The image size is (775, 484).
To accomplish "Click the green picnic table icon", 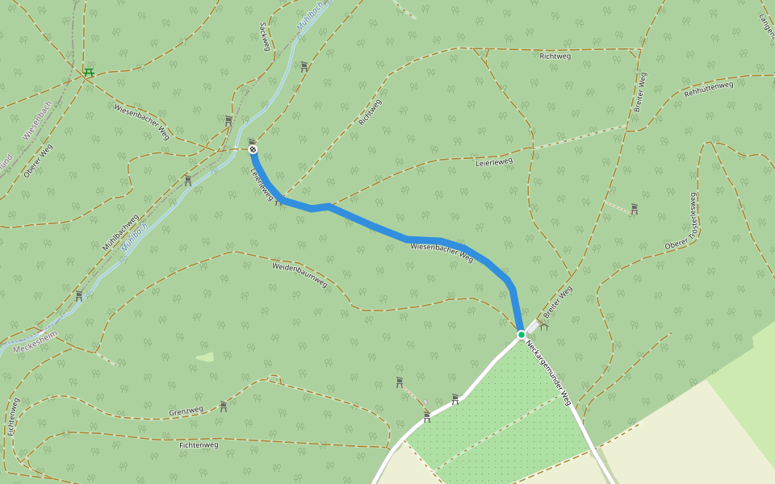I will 89,73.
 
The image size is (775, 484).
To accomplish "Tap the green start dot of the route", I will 522,334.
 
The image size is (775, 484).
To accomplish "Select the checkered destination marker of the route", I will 253,149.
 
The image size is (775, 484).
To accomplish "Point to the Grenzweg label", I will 186,411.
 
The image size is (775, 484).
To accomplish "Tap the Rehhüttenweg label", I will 709,88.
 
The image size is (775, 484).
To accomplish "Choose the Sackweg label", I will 263,36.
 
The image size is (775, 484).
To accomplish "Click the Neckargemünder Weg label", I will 548,372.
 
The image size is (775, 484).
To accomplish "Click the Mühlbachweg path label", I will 121,236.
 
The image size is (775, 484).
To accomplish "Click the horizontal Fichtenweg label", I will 199,444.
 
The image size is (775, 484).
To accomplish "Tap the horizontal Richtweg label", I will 555,56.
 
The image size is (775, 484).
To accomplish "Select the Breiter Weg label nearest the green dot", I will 557,299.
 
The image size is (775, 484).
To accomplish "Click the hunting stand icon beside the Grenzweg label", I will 223,406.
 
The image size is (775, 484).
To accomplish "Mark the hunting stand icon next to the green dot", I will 544,326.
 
